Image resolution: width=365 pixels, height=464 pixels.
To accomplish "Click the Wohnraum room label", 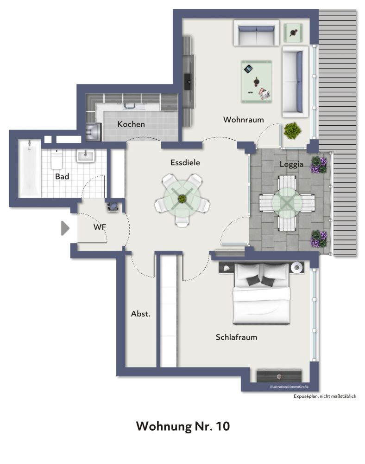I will click(243, 120).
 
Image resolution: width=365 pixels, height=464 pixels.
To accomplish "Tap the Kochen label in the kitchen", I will click(131, 124).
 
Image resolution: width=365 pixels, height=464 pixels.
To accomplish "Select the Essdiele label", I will click(185, 163).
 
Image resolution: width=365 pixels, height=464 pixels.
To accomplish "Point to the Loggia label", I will click(291, 164).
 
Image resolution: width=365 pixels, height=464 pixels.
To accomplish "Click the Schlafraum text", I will click(236, 337).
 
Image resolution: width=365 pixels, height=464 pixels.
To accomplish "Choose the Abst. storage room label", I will click(141, 314).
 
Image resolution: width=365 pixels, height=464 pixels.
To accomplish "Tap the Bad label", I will click(62, 177).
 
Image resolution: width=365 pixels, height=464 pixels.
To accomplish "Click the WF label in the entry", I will click(99, 227).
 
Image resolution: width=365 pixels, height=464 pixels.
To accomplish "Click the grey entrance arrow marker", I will click(65, 228).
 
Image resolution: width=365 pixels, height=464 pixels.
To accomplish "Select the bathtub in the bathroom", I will click(29, 168).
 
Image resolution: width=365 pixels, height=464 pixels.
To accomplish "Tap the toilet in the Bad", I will click(57, 159).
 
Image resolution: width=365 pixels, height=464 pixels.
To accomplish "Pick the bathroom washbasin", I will click(86, 156).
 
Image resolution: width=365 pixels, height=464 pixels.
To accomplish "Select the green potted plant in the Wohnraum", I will click(292, 130).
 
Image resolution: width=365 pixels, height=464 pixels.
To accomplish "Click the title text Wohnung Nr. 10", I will click(182, 426).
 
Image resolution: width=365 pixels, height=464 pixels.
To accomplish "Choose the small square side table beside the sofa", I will click(293, 32).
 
